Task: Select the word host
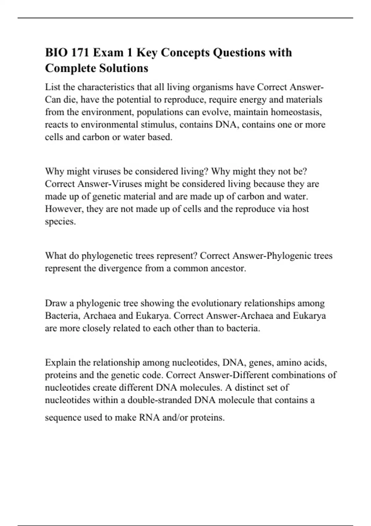(301, 209)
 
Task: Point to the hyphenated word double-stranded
(160, 400)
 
